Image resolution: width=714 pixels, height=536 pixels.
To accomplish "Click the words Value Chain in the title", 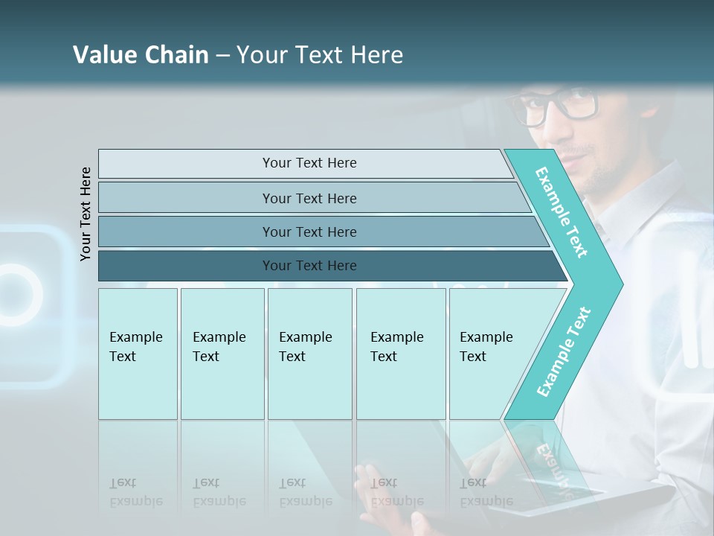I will (x=141, y=55).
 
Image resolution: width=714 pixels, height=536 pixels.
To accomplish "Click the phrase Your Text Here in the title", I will (x=320, y=55).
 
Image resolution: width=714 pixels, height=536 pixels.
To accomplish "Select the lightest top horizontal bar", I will (x=309, y=163).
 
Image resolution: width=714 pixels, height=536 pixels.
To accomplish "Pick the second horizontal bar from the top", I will (x=309, y=198).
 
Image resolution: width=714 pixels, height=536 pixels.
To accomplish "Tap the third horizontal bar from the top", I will (x=309, y=232).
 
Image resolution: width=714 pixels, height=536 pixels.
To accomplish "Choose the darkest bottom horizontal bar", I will (x=309, y=266).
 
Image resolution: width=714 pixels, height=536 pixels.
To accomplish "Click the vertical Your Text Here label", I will (x=86, y=214).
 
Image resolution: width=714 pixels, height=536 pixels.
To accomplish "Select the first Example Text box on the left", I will (x=138, y=353).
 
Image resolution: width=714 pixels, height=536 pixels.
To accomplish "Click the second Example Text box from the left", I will (x=222, y=353).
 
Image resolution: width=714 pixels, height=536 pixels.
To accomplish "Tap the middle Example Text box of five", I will (x=309, y=353).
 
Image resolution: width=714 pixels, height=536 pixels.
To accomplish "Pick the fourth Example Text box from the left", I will (x=400, y=353).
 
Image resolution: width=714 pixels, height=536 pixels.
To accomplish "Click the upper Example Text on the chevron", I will (x=562, y=212).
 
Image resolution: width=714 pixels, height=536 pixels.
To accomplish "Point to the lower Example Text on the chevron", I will (x=564, y=351).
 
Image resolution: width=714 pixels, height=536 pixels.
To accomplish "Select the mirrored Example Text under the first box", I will (x=136, y=492).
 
